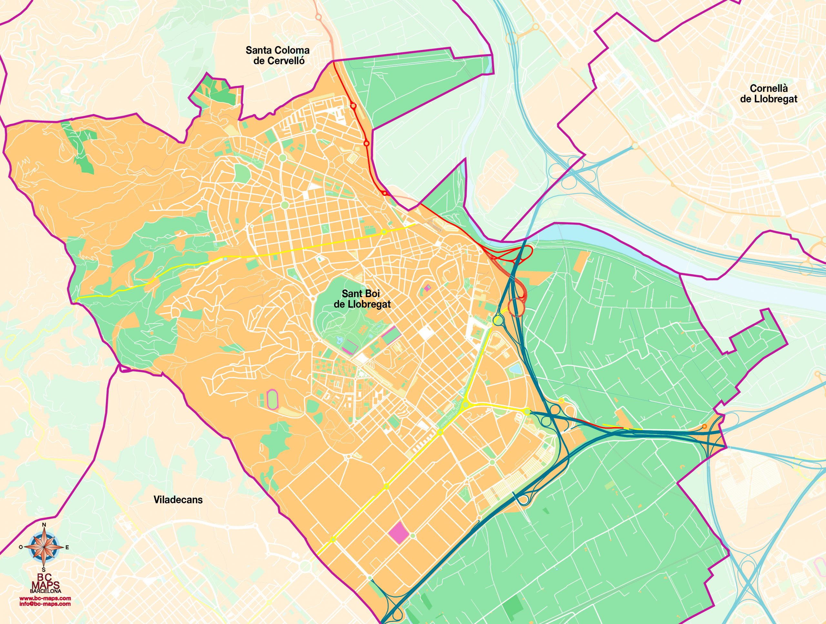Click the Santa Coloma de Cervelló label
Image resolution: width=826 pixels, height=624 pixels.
click(277, 55)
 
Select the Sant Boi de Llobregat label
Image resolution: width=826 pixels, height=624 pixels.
click(362, 299)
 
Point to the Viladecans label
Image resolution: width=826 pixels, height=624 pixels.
click(178, 500)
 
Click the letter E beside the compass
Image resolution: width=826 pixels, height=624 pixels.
click(67, 548)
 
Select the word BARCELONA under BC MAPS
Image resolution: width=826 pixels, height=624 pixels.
click(45, 591)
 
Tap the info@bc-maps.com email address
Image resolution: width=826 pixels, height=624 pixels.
click(45, 603)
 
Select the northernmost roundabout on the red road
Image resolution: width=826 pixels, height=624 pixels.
click(353, 106)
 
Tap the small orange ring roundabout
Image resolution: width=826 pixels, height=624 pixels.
click(704, 427)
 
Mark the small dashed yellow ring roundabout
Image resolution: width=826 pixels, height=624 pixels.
click(561, 401)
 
